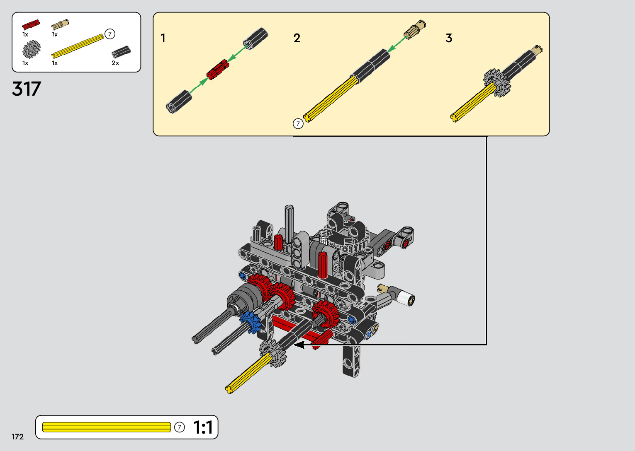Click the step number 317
click(27, 89)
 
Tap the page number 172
click(17, 437)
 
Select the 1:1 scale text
click(203, 427)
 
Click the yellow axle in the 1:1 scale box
click(107, 427)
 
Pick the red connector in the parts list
click(31, 24)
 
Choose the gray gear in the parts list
click(32, 49)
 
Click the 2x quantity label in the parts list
click(115, 63)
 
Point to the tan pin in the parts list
click(60, 24)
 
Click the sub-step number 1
click(163, 38)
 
